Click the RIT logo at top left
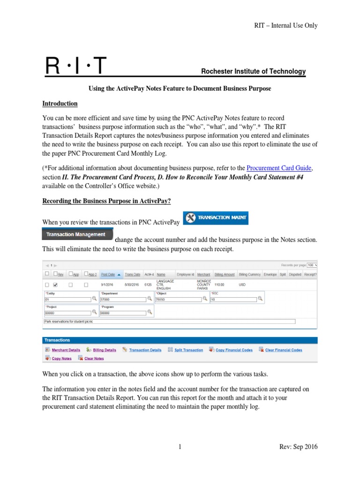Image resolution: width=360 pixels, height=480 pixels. (x=75, y=67)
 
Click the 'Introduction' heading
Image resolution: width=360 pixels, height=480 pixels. (x=60, y=104)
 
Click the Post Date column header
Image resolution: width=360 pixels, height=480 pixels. (x=110, y=275)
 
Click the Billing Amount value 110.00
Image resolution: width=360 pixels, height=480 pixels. (x=220, y=285)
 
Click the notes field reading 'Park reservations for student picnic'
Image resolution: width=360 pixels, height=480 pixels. (x=169, y=322)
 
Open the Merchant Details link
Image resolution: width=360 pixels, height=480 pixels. (x=66, y=350)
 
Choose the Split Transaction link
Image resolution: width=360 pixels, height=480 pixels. (x=188, y=350)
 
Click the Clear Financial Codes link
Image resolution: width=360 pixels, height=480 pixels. (x=284, y=350)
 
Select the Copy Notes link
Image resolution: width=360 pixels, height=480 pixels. (x=61, y=359)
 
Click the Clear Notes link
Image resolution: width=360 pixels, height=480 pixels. (x=94, y=359)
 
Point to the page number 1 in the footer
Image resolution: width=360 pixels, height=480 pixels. (x=180, y=447)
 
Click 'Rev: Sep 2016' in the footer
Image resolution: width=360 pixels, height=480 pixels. (x=298, y=447)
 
